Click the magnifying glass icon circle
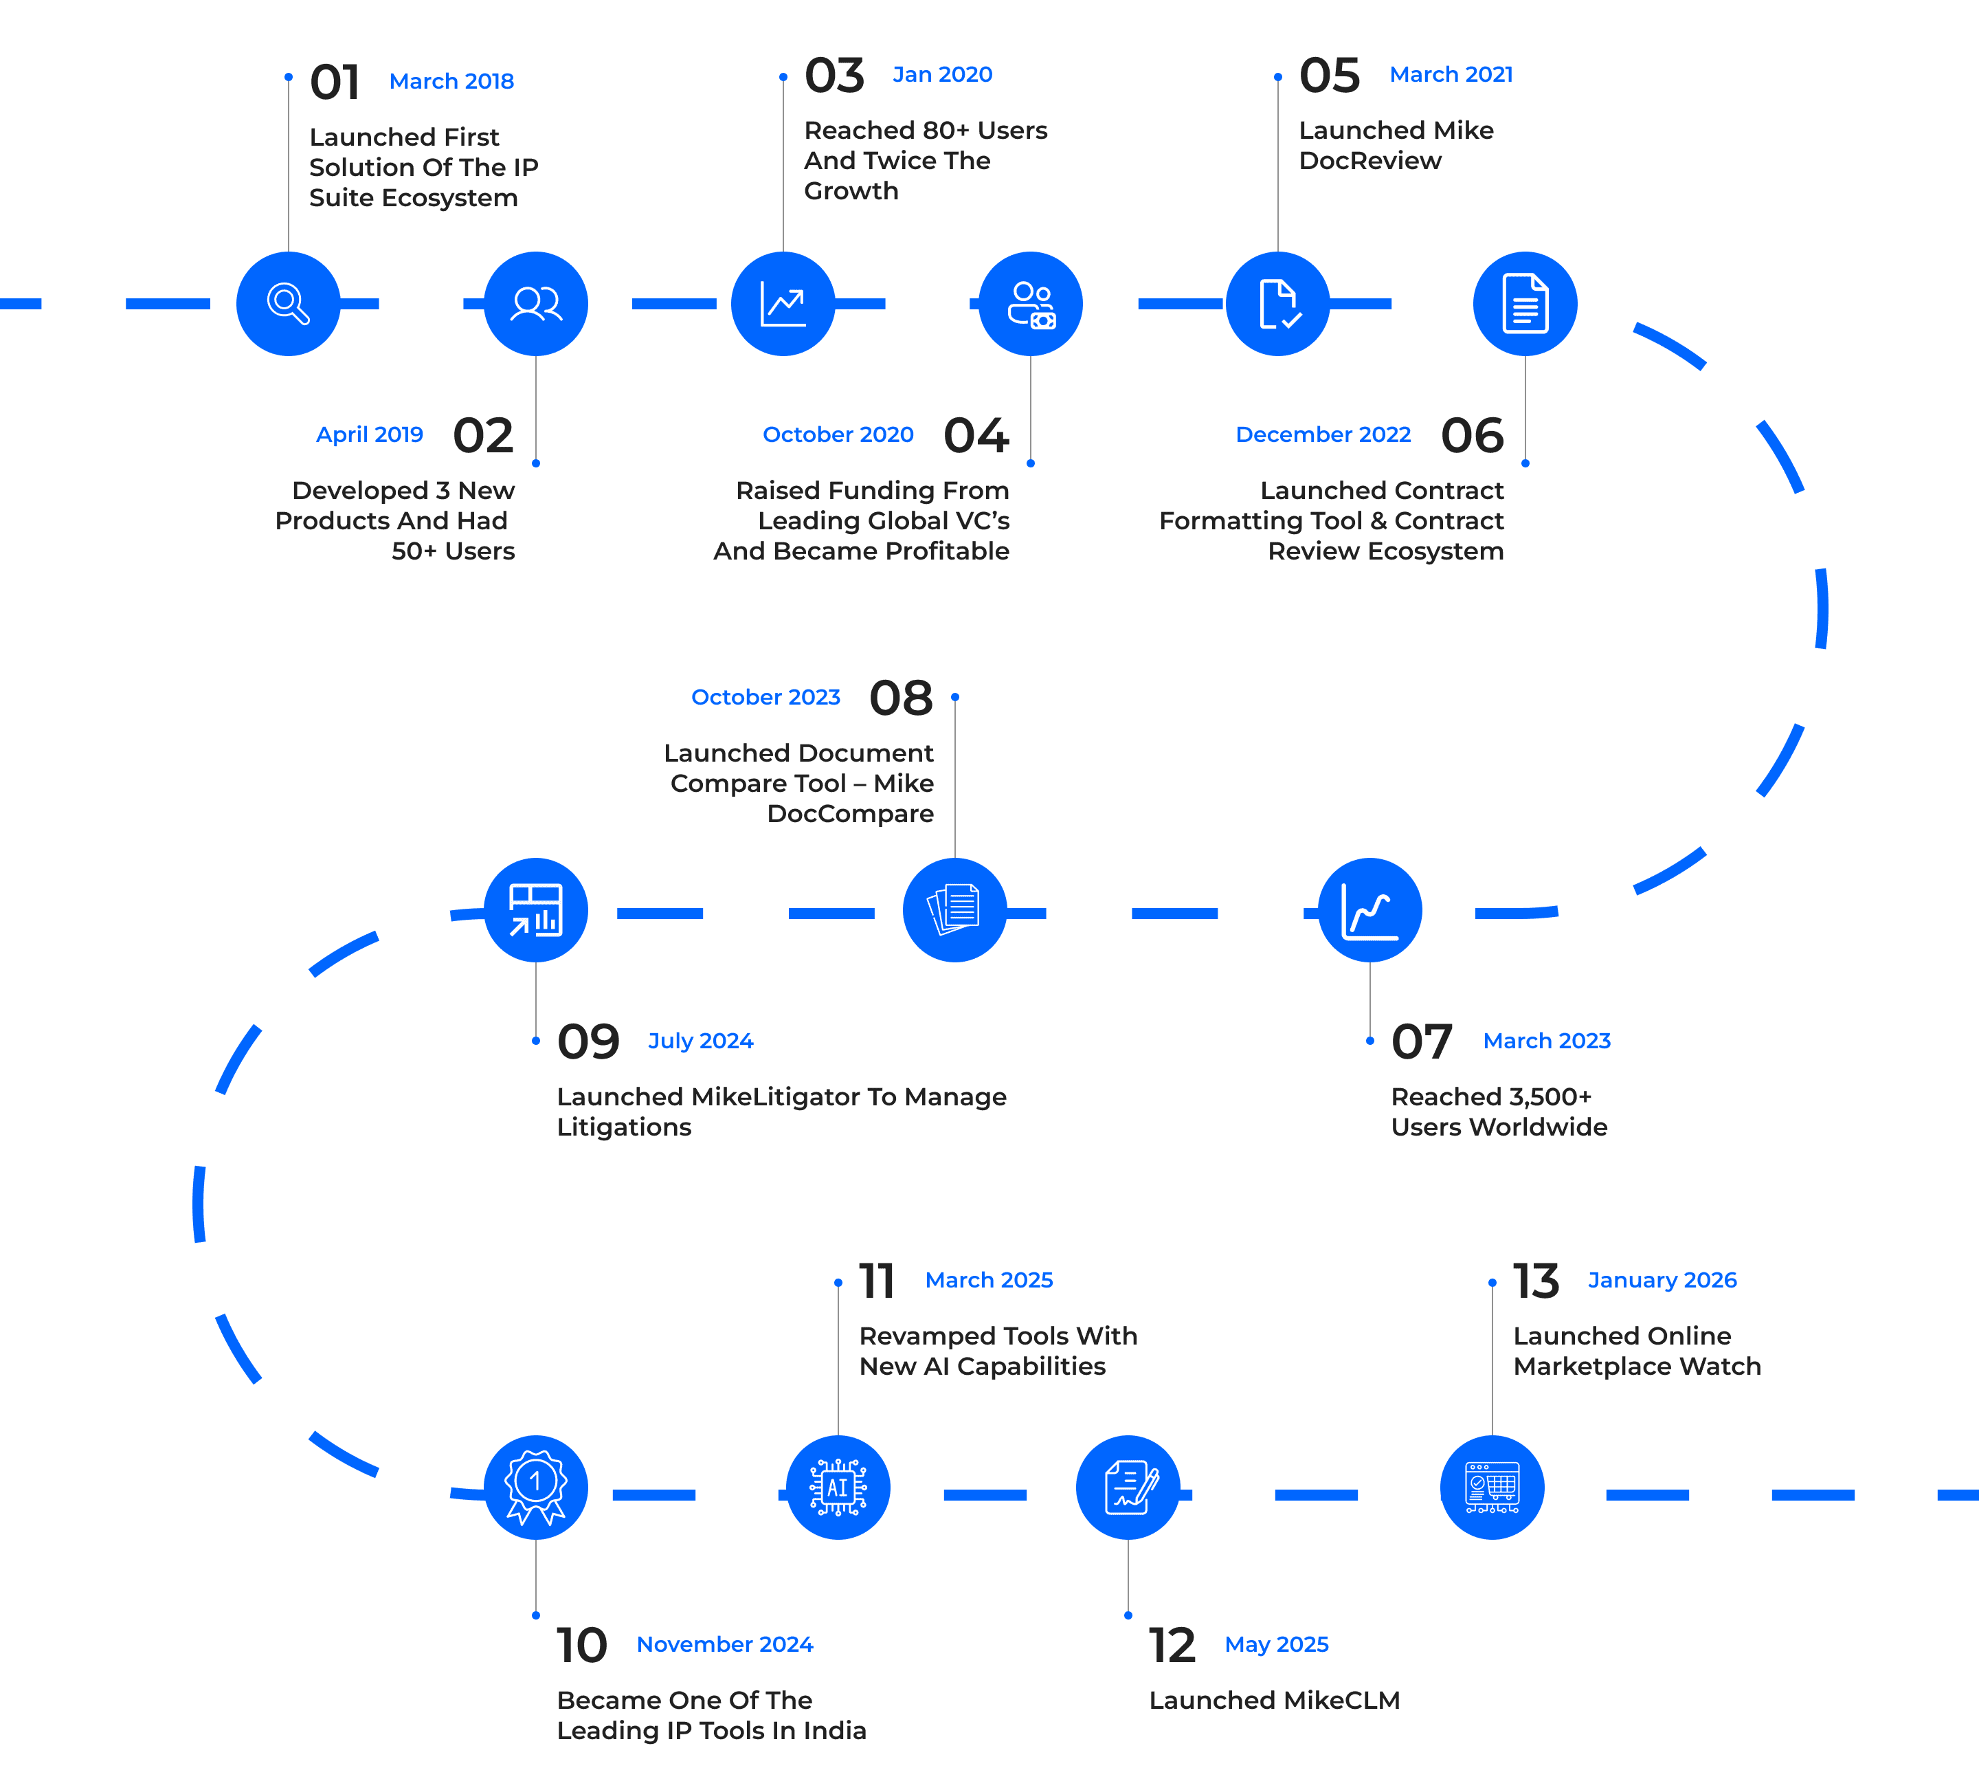(x=289, y=303)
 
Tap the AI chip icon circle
(x=838, y=1487)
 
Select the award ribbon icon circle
(x=535, y=1487)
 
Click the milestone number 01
(x=335, y=82)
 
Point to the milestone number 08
(x=900, y=698)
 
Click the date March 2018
(x=451, y=82)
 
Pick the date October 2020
(x=838, y=434)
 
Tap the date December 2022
(x=1323, y=434)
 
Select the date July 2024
(x=700, y=1041)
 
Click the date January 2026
(x=1662, y=1281)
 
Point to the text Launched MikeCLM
(x=1274, y=1700)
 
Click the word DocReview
(x=1370, y=161)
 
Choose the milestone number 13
(x=1535, y=1281)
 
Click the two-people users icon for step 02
(x=536, y=303)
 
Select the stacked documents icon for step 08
(x=954, y=909)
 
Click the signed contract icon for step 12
(x=1128, y=1487)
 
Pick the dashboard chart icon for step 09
(x=535, y=909)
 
